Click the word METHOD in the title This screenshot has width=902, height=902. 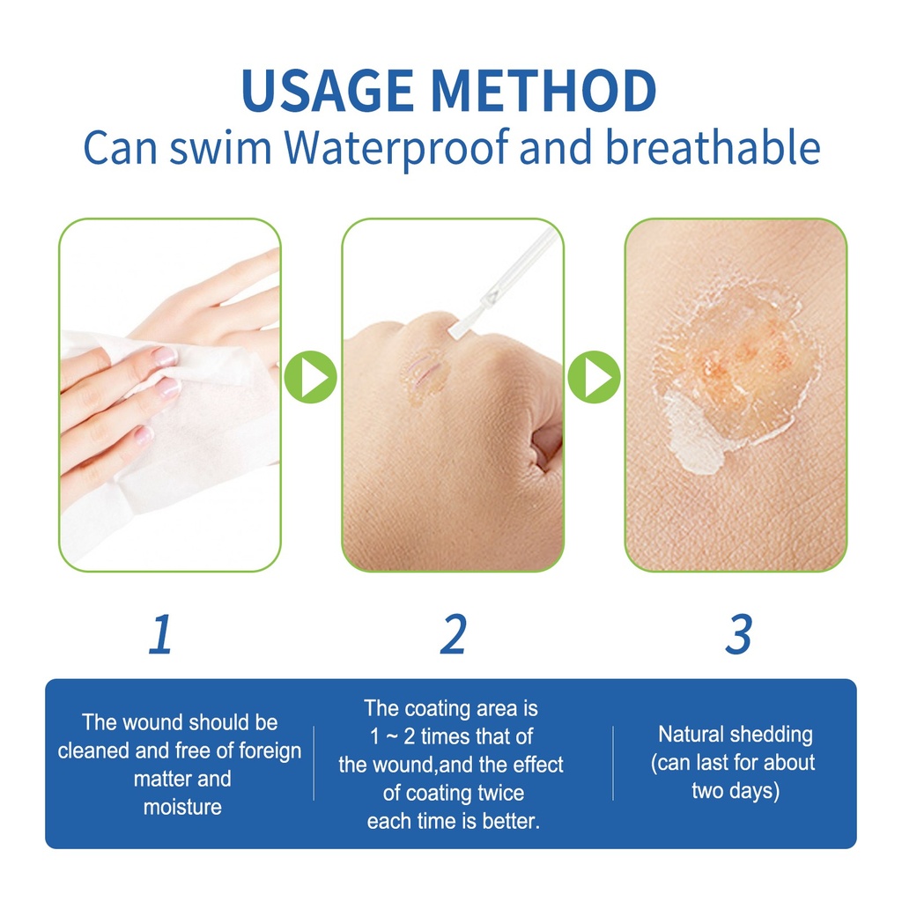(x=543, y=91)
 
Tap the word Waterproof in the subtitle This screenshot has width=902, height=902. (x=397, y=148)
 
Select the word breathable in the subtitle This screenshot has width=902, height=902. (x=713, y=147)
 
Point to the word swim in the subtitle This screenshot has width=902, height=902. (x=220, y=148)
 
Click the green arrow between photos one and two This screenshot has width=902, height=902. (x=311, y=377)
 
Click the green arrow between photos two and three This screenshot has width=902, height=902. (x=595, y=377)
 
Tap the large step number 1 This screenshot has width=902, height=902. (x=160, y=634)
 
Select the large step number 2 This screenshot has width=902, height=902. (x=454, y=634)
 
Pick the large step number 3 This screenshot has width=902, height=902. (x=739, y=634)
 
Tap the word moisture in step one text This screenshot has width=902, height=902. (x=182, y=807)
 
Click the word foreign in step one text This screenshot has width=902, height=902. (x=270, y=750)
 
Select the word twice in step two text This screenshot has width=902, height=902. (x=499, y=793)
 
